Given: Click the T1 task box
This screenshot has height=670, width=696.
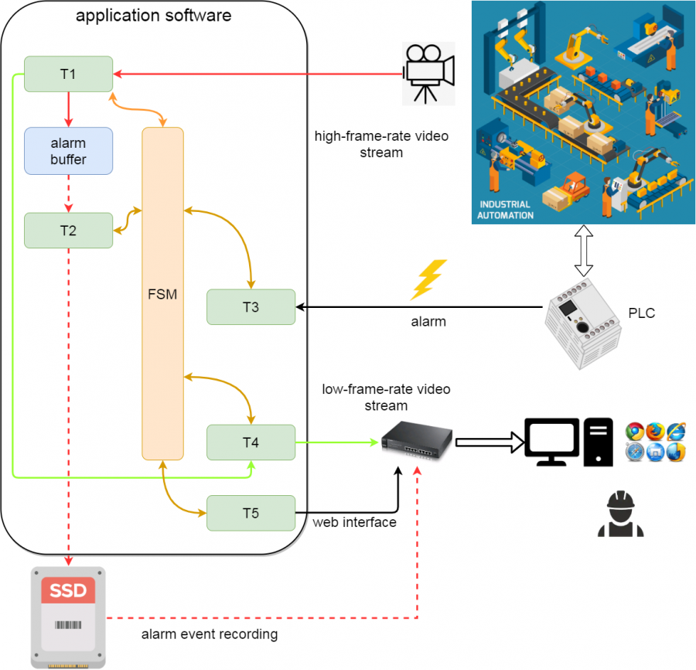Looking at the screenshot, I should click(68, 73).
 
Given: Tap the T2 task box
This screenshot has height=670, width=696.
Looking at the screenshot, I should click(68, 231).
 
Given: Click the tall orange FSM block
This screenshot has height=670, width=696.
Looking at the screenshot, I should click(162, 293).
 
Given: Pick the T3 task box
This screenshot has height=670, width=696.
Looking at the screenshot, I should click(251, 307).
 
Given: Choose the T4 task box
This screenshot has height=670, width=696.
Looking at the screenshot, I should click(251, 443).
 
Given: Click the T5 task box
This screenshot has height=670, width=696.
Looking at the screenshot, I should click(251, 513).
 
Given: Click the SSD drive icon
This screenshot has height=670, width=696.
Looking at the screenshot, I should click(69, 618).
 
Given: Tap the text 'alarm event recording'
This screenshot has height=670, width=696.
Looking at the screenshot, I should click(209, 635).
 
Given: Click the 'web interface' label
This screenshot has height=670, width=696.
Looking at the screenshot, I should click(355, 522).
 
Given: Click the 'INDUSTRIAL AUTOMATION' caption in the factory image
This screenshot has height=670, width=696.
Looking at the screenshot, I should click(506, 210).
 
